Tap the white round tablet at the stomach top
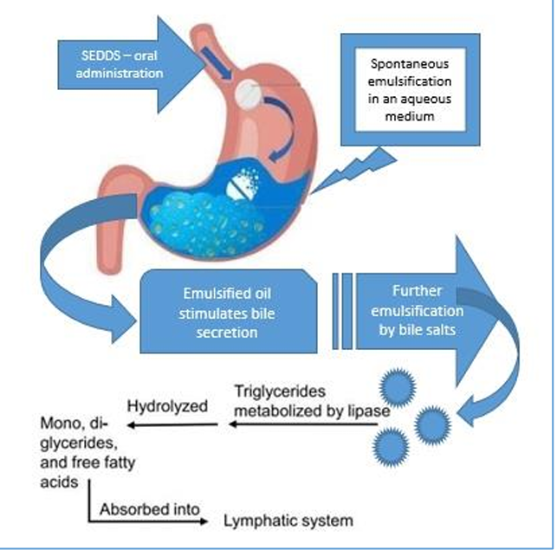pos(251,94)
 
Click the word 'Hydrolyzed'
pos(162,404)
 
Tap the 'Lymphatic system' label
pos(288,521)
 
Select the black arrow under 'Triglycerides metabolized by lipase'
pos(303,425)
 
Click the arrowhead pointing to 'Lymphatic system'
pos(204,522)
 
